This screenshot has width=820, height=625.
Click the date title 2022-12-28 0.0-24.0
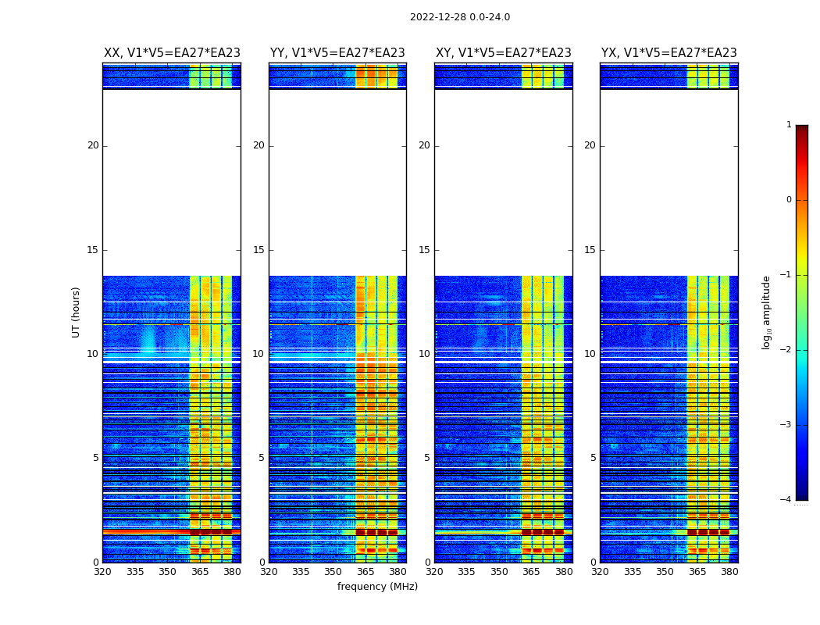(459, 17)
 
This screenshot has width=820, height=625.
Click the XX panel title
(172, 53)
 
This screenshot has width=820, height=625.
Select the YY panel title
(337, 53)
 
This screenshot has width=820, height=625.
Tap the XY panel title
(504, 53)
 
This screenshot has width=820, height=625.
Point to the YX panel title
(669, 53)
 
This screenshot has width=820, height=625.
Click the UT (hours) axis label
(76, 312)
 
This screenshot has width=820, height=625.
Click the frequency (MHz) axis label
(377, 587)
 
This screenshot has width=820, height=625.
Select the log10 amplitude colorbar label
(767, 312)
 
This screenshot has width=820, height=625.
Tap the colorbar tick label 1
(789, 125)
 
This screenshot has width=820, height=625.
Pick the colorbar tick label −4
(786, 500)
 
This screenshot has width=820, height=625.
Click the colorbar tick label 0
(789, 200)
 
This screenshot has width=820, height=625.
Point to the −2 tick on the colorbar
(786, 350)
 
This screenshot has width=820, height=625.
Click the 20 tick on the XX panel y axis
(93, 145)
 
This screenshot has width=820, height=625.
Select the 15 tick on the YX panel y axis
(590, 250)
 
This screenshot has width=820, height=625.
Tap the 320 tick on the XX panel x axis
(102, 572)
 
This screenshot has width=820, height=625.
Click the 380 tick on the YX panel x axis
(729, 572)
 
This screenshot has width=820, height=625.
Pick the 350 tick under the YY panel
(333, 572)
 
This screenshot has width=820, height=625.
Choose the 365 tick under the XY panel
(531, 572)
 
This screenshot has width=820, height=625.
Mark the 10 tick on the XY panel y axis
(424, 354)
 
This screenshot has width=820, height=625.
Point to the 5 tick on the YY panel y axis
(262, 458)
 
